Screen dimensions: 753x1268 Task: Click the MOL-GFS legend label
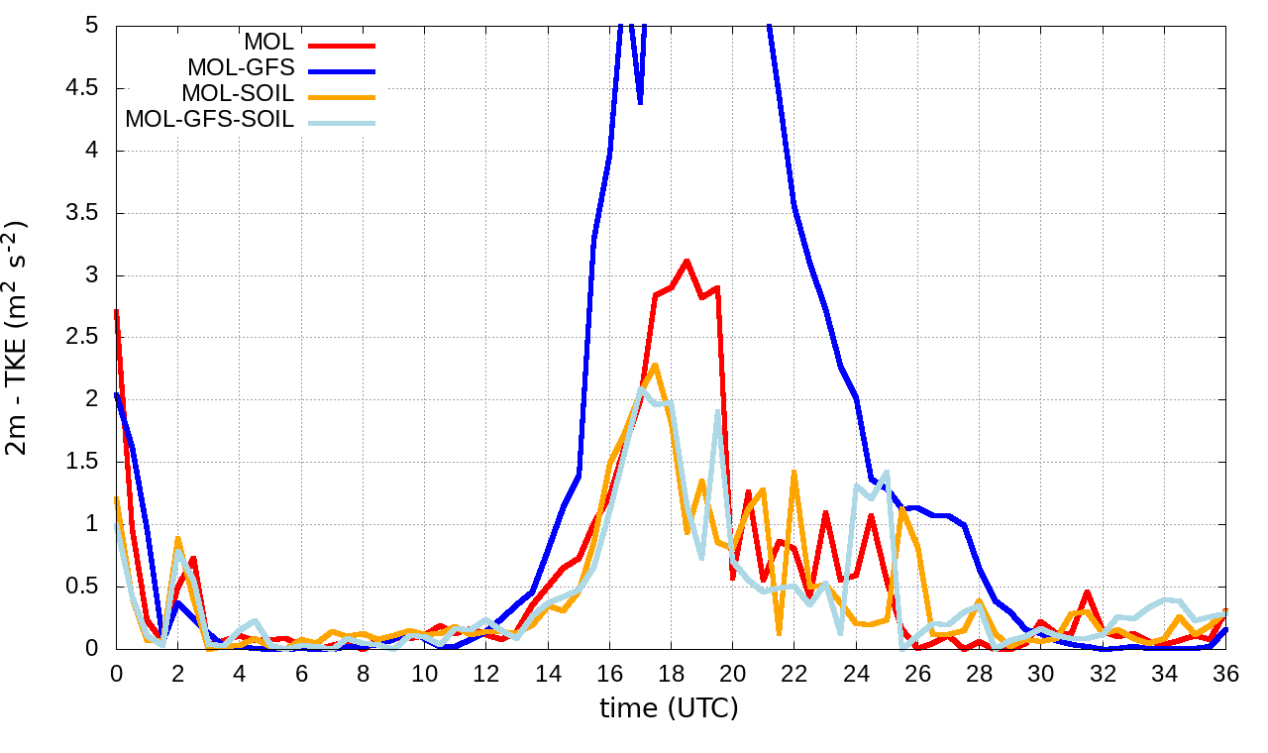tap(241, 68)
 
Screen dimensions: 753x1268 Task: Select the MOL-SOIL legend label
tap(238, 94)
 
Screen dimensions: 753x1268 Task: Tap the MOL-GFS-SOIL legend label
tap(209, 120)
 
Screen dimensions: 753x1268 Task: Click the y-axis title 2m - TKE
tap(18, 337)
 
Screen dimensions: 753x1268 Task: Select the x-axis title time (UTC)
tap(670, 707)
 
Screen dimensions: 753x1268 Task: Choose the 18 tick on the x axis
tap(671, 673)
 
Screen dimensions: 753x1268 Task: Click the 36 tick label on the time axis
tap(1225, 673)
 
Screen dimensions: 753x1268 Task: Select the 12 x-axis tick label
tap(486, 673)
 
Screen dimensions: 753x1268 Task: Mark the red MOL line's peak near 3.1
tap(687, 261)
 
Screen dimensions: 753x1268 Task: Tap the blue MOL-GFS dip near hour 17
tap(640, 101)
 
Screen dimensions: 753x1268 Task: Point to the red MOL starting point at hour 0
tap(117, 310)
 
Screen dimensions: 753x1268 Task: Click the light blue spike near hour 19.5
tap(717, 411)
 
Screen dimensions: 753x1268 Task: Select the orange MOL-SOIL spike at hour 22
tap(794, 472)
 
